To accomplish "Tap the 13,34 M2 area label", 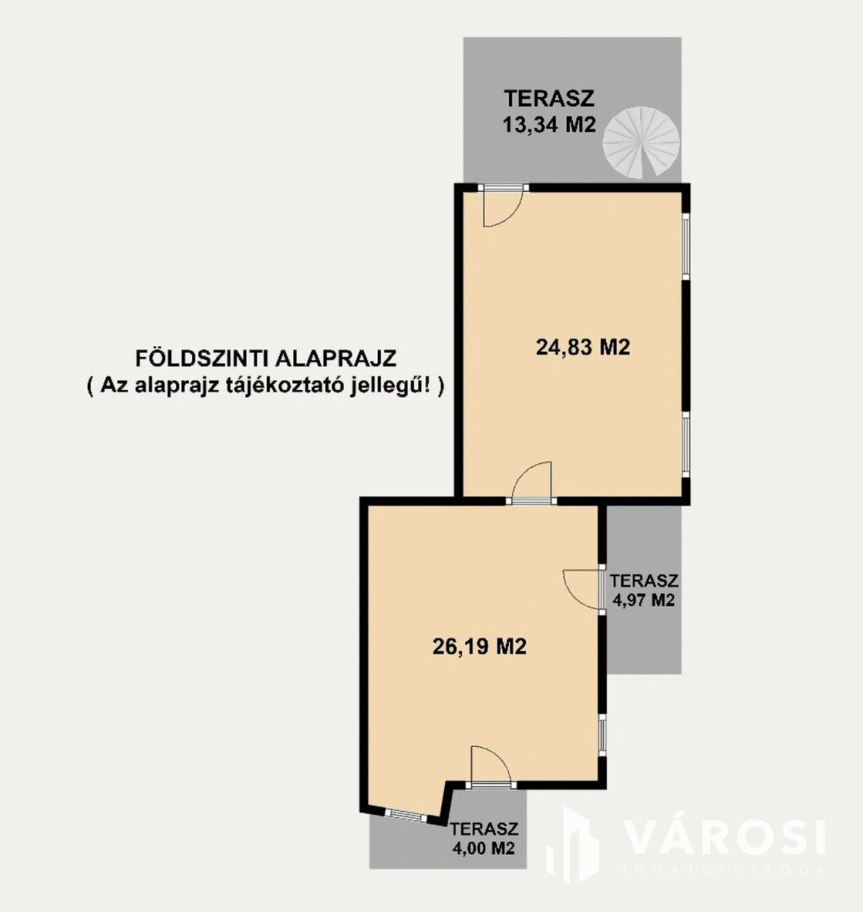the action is [549, 125].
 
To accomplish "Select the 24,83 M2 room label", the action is [582, 347].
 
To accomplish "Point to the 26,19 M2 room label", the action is [480, 646].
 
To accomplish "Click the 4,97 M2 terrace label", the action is [644, 600].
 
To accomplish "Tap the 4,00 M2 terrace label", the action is [484, 848].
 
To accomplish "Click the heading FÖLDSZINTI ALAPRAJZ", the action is [266, 358].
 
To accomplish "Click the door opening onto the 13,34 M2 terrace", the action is [503, 204].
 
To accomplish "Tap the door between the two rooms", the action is [531, 483].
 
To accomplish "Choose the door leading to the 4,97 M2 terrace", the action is [584, 589].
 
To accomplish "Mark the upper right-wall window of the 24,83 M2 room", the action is [685, 246].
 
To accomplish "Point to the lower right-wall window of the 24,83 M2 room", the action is [685, 445].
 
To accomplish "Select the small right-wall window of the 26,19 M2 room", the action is [602, 734].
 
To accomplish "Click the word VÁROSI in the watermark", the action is [725, 838].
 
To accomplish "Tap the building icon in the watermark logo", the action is [573, 845].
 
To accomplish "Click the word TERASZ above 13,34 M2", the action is [549, 99].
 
